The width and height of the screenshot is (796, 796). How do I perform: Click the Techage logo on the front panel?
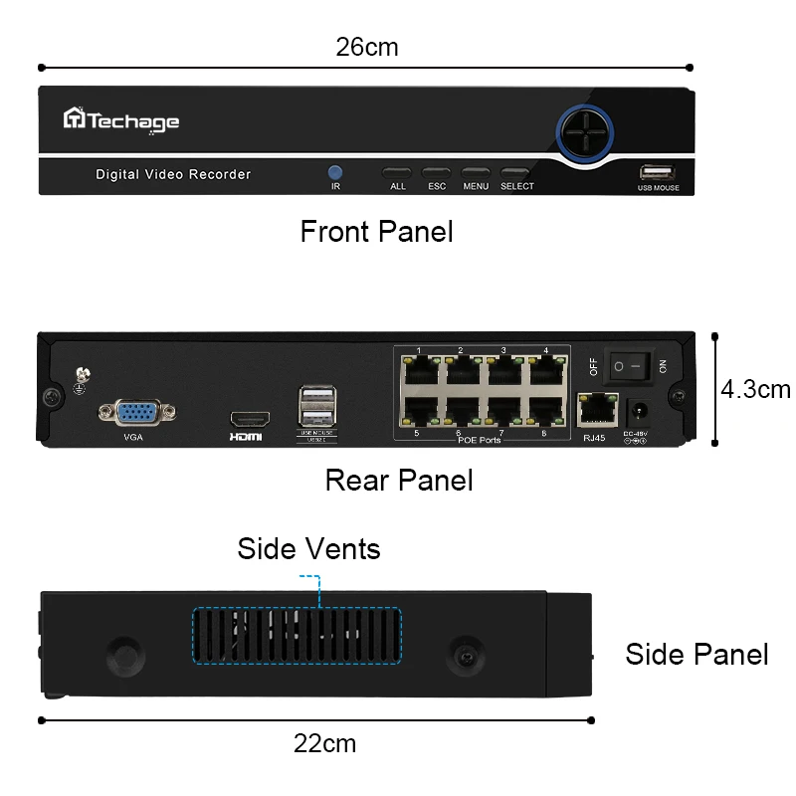(x=121, y=121)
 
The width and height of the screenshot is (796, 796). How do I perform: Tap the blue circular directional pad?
(x=586, y=130)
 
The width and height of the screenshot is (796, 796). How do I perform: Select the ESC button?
(x=436, y=172)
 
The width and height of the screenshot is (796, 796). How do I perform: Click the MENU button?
(x=476, y=172)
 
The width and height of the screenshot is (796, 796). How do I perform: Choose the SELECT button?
(x=515, y=172)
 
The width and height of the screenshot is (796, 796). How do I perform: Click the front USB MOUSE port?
(x=659, y=171)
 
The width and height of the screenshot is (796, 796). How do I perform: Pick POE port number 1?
(x=419, y=370)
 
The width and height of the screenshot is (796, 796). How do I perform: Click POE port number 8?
(x=544, y=412)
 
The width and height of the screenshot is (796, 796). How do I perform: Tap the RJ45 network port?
(x=594, y=409)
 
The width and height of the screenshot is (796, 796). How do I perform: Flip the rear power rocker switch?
(x=630, y=365)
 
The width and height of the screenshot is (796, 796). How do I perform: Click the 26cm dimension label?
(x=367, y=47)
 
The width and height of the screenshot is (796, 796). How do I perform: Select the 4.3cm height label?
(x=756, y=388)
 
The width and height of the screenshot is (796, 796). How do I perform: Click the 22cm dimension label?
(x=324, y=743)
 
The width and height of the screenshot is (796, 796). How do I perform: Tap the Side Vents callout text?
(x=308, y=548)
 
